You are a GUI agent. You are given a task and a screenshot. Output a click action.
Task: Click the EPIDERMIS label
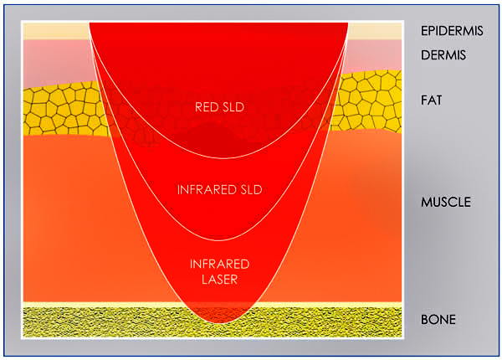[x=452, y=31]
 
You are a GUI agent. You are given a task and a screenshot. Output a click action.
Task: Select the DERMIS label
[x=443, y=55]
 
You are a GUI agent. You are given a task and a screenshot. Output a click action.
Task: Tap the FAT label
[x=431, y=100]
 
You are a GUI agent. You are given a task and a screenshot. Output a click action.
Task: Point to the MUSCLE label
[x=446, y=202]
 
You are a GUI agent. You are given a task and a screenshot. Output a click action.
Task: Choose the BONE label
[x=438, y=319]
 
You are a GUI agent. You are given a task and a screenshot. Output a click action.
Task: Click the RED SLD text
[x=219, y=107]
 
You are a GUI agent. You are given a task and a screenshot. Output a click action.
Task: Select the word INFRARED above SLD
[x=202, y=189]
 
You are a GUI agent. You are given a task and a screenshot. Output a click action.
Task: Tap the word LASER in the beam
[x=219, y=280]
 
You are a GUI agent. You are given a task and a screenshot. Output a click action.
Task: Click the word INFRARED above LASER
[x=219, y=264]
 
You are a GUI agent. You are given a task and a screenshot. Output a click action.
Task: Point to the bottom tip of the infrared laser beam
[x=222, y=323]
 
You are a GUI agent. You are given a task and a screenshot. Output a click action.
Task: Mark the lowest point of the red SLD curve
[x=224, y=158]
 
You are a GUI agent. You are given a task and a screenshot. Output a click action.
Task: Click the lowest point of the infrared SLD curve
[x=219, y=240]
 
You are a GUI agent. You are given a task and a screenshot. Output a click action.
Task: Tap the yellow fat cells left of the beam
[x=64, y=110]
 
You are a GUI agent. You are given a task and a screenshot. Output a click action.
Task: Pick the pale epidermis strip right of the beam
[x=375, y=31]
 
